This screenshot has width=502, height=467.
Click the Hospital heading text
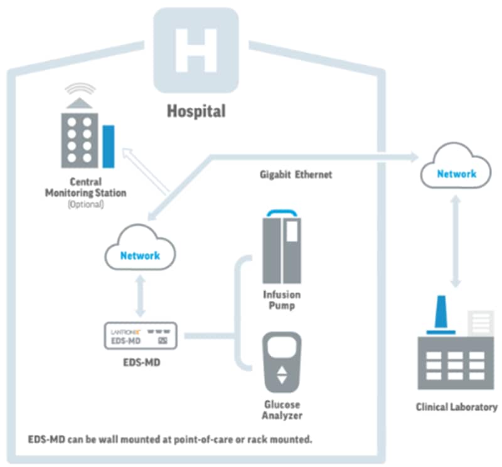click(x=196, y=112)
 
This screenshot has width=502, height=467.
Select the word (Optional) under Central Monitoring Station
click(x=85, y=204)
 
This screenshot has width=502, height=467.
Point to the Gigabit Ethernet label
click(x=296, y=175)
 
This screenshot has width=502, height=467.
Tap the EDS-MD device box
click(x=139, y=337)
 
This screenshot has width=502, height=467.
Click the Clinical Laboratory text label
click(x=456, y=407)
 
